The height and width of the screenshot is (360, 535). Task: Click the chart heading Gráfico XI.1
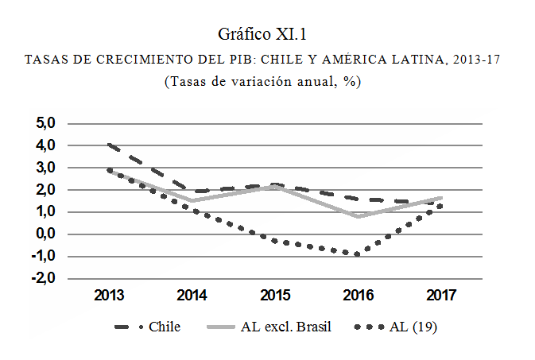point(262,34)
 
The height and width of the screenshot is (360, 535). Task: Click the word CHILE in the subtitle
point(281,60)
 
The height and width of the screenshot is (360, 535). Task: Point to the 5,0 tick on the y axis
point(45,123)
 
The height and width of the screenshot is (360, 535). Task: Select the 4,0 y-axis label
point(45,145)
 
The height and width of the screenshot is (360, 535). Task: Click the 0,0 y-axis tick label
point(45,234)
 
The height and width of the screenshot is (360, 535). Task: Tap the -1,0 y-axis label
point(44,256)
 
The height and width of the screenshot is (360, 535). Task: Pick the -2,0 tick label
point(44,278)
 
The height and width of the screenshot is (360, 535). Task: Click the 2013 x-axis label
point(109,295)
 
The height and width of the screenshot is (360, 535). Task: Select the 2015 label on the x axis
point(275,295)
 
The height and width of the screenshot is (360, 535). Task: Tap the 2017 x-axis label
point(441,295)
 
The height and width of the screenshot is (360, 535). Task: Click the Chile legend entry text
point(165,327)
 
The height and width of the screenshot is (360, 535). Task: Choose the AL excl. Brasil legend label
point(286,327)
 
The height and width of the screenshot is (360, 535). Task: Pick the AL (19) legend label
point(413,327)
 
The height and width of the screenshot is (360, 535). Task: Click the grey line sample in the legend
point(221,327)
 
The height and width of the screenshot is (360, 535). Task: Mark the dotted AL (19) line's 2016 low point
point(357,254)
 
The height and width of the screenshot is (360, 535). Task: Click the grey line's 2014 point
point(192,200)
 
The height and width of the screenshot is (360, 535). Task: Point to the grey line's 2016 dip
point(358,216)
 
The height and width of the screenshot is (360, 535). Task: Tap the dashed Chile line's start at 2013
point(109,145)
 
